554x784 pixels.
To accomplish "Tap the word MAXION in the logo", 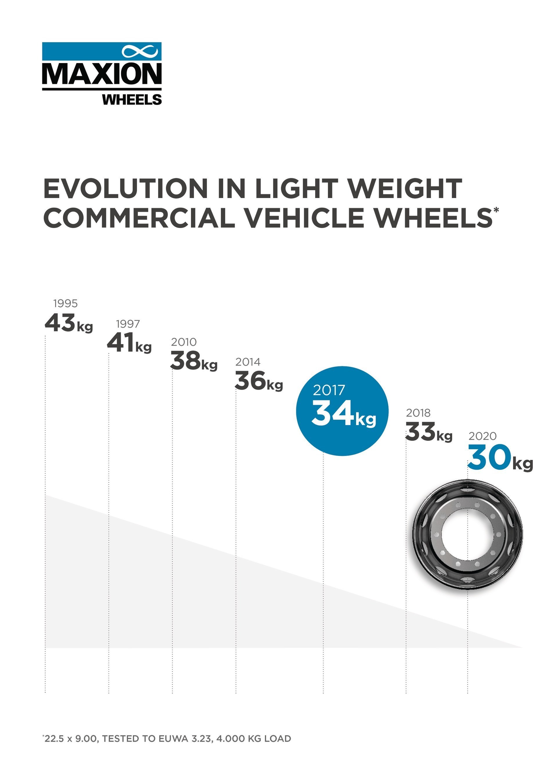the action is (x=102, y=73).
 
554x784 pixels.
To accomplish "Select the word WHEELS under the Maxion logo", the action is (x=132, y=100).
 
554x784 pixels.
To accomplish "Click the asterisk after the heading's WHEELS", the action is (x=496, y=209).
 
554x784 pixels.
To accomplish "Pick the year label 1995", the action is (x=66, y=303).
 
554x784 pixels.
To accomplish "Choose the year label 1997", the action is (x=128, y=324).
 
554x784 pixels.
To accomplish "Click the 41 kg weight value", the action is (x=129, y=343).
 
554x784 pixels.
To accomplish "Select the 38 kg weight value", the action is (x=194, y=361).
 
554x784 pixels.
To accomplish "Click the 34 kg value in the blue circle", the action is (x=344, y=414).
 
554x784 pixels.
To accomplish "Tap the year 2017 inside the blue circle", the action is (x=329, y=390).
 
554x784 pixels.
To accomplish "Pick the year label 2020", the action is (x=482, y=436).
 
